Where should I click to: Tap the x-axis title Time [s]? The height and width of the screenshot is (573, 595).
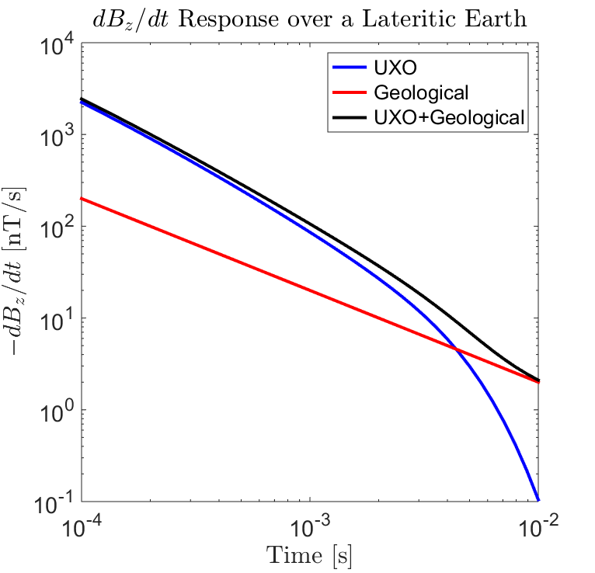tap(310, 554)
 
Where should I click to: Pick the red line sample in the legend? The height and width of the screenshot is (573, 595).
tap(349, 93)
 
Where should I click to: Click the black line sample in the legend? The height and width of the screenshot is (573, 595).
tap(349, 118)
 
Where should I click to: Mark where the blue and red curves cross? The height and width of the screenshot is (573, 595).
tap(457, 350)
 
